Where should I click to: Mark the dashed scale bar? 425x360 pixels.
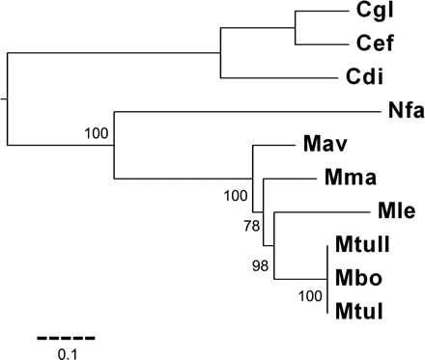(x=66, y=338)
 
